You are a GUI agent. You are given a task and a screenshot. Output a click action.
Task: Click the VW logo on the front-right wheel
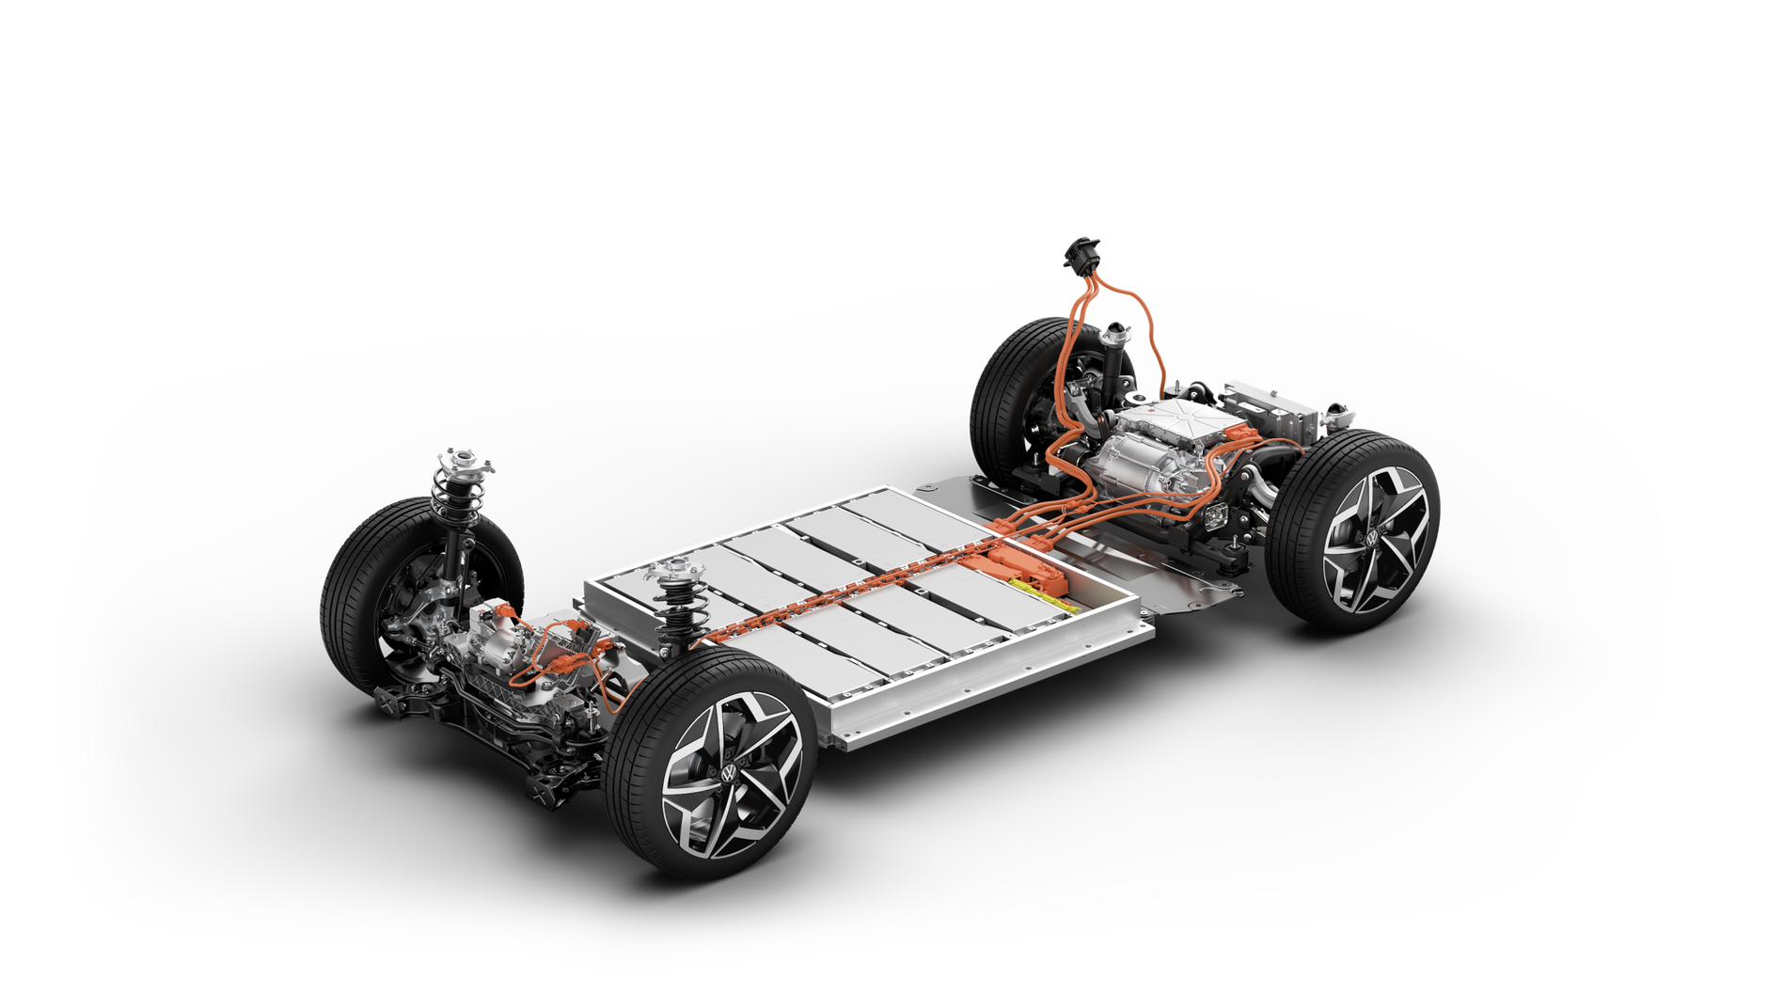(x=729, y=771)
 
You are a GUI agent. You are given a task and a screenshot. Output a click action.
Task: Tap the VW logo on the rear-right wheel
(x=1370, y=538)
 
